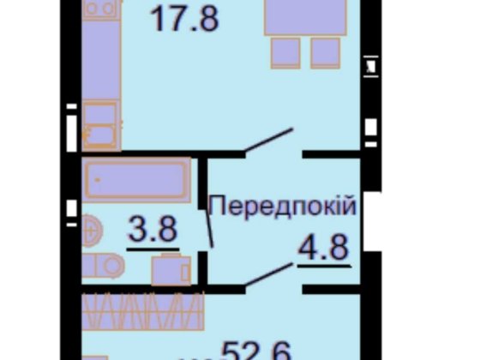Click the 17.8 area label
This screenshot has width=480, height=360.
click(183, 17)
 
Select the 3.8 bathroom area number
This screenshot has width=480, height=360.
click(152, 229)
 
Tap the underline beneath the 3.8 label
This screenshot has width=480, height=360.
click(152, 248)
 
